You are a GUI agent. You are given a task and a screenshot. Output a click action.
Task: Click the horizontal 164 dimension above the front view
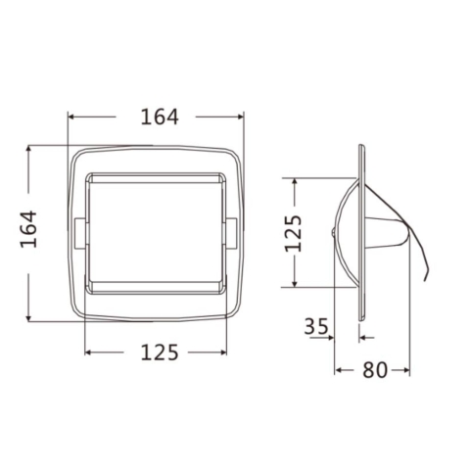158,117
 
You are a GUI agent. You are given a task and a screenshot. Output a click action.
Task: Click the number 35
315,327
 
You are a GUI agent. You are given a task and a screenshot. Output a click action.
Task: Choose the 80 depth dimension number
373,370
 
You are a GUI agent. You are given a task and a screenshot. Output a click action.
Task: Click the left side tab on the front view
77,232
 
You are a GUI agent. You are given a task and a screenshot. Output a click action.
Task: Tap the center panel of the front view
156,232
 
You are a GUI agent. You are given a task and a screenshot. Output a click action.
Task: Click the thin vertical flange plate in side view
362,235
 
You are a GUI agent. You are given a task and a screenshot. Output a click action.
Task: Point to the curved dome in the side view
343,225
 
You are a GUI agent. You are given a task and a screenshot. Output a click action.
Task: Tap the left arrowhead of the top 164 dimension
70,117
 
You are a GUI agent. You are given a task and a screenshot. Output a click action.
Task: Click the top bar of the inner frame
156,179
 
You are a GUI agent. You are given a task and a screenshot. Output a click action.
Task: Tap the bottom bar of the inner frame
156,287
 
